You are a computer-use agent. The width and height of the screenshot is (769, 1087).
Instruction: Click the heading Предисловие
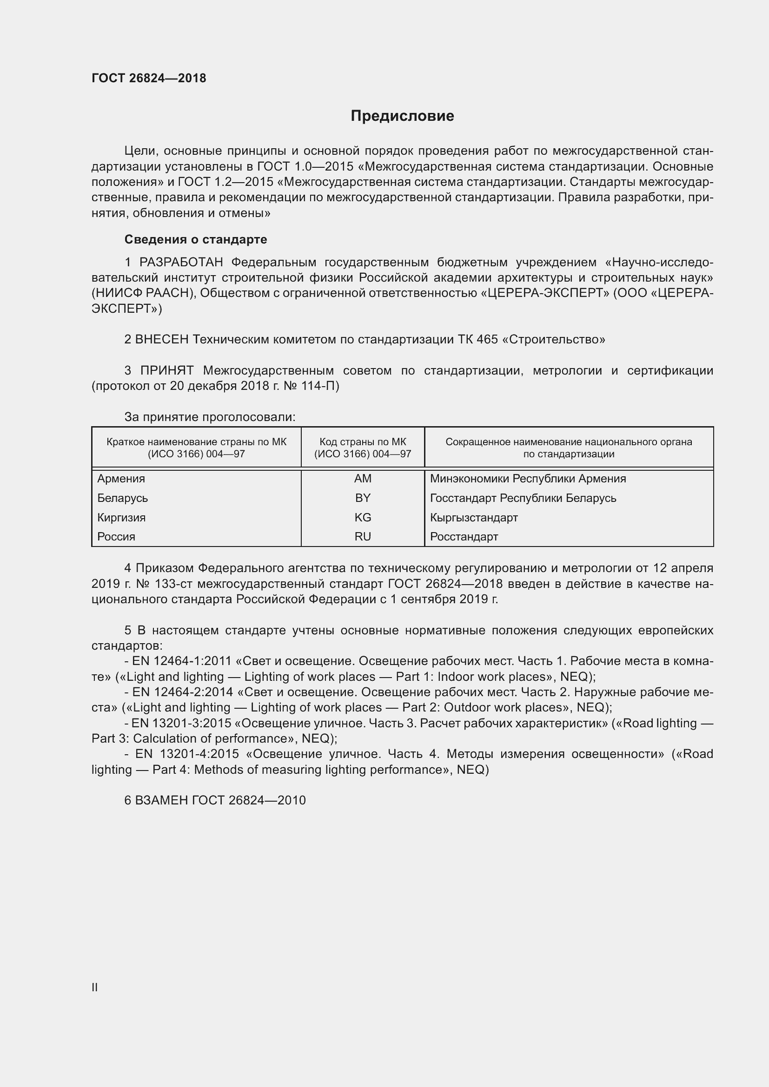pos(402,116)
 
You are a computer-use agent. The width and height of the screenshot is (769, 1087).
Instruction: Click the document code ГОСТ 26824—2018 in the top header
pos(149,78)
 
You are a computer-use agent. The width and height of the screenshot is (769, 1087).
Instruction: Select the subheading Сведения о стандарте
pos(196,239)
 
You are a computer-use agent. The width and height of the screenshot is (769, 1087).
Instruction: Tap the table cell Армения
pos(121,479)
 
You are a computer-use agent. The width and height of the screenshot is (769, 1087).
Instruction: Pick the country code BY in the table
pos(363,498)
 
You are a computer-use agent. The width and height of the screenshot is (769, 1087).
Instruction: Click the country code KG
pos(363,517)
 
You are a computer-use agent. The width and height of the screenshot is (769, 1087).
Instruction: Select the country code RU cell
pos(363,537)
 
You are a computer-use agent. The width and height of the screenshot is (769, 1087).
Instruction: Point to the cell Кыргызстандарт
pos(474,517)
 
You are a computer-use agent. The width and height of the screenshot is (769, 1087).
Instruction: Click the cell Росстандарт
pos(464,537)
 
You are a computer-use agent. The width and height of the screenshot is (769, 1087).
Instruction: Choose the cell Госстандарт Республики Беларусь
pos(523,498)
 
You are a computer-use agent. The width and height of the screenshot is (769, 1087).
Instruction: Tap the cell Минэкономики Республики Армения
pos(528,479)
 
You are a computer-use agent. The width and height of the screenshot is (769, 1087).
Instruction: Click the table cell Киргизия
pos(122,517)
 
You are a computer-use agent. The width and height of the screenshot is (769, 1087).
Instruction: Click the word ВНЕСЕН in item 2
pos(162,339)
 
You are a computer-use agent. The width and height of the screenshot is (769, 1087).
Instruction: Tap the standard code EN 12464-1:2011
pos(182,661)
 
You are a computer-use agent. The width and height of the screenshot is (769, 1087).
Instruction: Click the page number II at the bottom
pos(95,988)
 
